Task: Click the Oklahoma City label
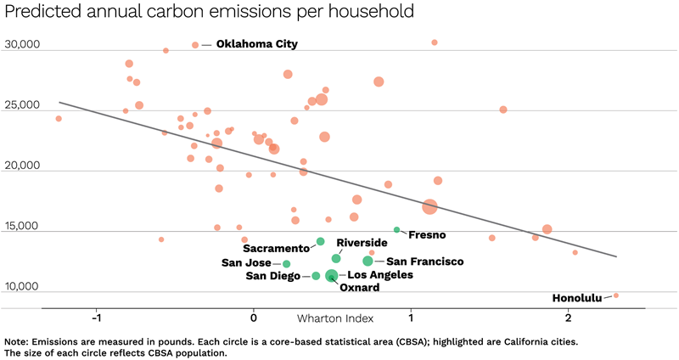tap(256, 44)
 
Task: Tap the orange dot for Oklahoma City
tap(195, 45)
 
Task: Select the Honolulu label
tap(576, 298)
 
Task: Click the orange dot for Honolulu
tap(616, 295)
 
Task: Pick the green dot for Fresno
tap(396, 230)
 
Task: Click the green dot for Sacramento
tap(320, 242)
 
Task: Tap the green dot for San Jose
tap(287, 264)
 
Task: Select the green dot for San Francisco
tap(368, 261)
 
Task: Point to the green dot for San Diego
tap(316, 276)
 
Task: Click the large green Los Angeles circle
tap(332, 275)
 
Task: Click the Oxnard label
tap(359, 288)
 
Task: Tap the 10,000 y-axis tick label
tap(22, 287)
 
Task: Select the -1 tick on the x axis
tap(97, 318)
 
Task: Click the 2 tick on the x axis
tap(568, 318)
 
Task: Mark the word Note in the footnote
tap(18, 341)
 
